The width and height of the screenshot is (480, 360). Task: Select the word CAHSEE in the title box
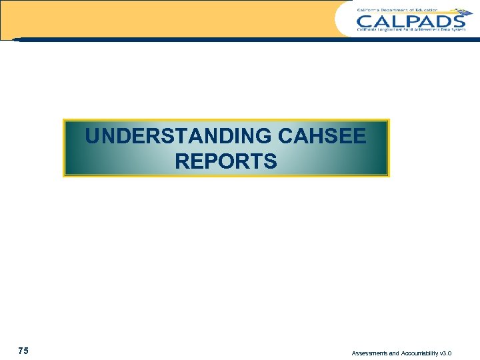point(323,137)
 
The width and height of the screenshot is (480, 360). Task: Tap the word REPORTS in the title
point(226,161)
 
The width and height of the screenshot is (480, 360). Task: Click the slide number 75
point(23,351)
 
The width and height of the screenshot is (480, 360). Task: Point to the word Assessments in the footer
point(371,353)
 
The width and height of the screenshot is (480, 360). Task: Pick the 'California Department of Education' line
point(397,9)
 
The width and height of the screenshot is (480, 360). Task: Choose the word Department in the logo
point(398,9)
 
